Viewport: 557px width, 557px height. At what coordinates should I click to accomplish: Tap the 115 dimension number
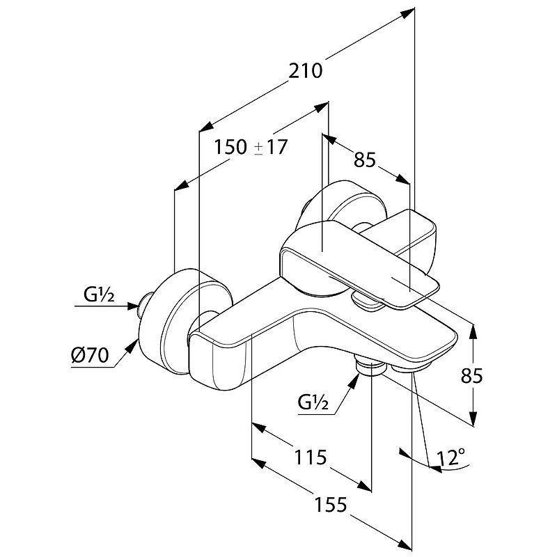[309, 457]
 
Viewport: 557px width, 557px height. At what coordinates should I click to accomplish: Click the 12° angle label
[451, 457]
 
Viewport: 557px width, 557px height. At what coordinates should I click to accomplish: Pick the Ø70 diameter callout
[91, 356]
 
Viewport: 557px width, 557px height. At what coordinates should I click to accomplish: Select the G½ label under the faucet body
[313, 402]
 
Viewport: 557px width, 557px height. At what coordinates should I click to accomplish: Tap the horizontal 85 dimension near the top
[365, 159]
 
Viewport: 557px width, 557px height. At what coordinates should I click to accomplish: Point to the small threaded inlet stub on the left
[145, 303]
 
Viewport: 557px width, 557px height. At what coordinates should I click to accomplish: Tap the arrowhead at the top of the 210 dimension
[411, 11]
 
